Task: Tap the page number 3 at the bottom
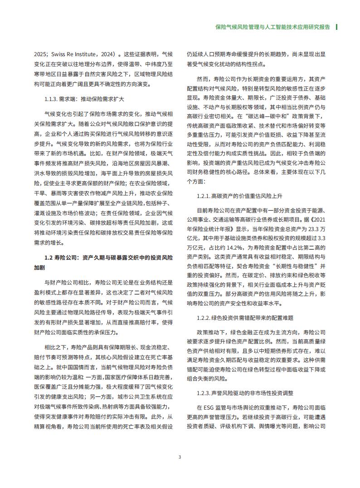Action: (180, 456)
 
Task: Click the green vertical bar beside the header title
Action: (336, 27)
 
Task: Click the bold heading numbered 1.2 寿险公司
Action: (109, 257)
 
